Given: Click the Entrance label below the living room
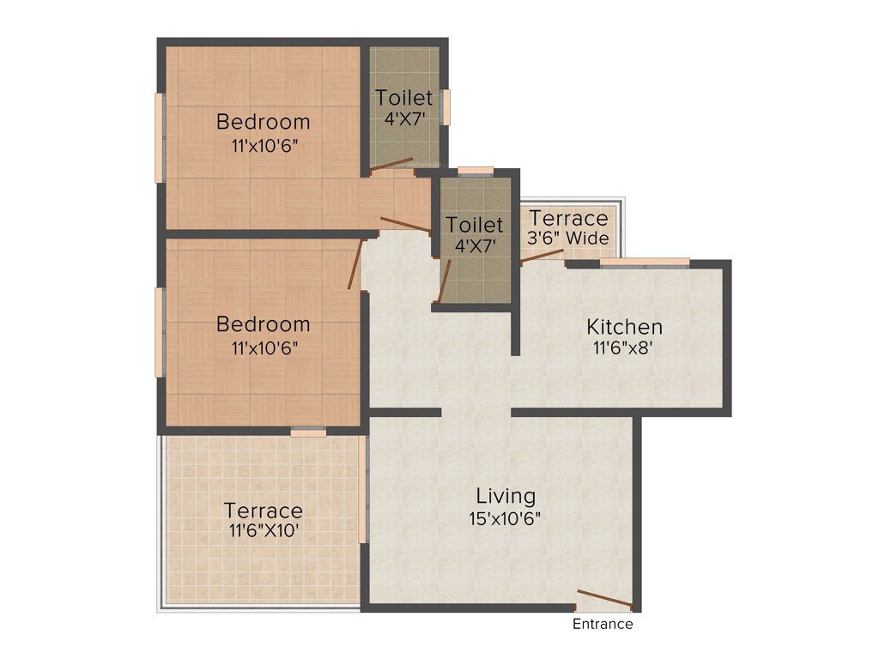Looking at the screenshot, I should (x=603, y=624).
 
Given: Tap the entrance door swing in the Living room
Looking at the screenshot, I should (x=606, y=598).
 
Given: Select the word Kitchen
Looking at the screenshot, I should (x=624, y=327).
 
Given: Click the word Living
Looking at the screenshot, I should (x=506, y=496).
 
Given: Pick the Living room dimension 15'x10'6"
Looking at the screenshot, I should (x=506, y=518).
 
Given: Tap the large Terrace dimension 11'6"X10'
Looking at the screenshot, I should (x=264, y=532).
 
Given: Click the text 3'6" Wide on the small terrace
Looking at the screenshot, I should (x=568, y=238).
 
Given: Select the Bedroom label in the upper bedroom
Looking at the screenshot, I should (x=264, y=121).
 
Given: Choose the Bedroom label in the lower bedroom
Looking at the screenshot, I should (x=264, y=324).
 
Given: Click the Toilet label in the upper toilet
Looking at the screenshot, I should (x=404, y=99).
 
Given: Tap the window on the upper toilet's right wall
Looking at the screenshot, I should (x=445, y=107).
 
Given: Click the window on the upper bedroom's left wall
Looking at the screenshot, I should (x=159, y=137).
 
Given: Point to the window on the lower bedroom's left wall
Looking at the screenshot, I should (x=159, y=332).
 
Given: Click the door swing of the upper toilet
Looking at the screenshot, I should (x=391, y=164).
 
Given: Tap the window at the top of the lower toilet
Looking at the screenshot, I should (x=475, y=170).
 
